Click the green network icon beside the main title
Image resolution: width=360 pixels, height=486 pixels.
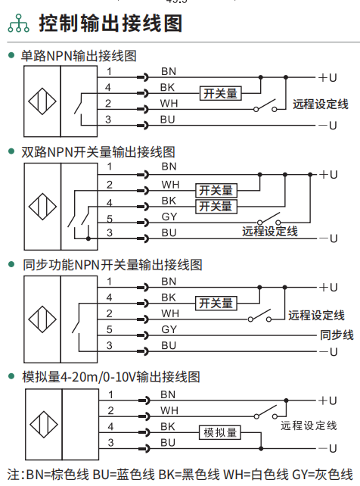[19, 23]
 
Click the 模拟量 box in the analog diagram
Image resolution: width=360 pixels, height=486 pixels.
[220, 432]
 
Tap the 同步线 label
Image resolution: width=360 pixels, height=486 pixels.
[337, 335]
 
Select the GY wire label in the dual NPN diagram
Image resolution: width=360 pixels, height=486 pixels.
[169, 217]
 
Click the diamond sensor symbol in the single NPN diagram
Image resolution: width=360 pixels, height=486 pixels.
[42, 101]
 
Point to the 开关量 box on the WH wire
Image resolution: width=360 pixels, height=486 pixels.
[216, 190]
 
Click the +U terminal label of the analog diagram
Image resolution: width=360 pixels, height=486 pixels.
[328, 400]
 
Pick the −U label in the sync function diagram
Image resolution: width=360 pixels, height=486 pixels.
[328, 352]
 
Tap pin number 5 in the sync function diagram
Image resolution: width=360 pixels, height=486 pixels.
[109, 329]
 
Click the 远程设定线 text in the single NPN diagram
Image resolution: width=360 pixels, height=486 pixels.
[321, 104]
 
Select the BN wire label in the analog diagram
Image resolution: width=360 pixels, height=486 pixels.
[168, 394]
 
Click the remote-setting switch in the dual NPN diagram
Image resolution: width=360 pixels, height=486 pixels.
[269, 218]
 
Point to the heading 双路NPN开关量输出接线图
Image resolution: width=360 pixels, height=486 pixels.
[98, 152]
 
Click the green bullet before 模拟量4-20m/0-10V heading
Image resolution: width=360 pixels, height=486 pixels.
[12, 376]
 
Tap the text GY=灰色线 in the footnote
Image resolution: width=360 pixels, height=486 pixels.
[322, 475]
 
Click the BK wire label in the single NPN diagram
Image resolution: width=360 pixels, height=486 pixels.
[167, 87]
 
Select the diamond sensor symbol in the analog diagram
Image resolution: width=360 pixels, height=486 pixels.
[44, 425]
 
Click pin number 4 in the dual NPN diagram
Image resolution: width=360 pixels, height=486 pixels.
[109, 203]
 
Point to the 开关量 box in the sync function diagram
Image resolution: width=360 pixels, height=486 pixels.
[216, 303]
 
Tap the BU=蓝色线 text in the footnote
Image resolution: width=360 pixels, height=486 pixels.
[124, 475]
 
